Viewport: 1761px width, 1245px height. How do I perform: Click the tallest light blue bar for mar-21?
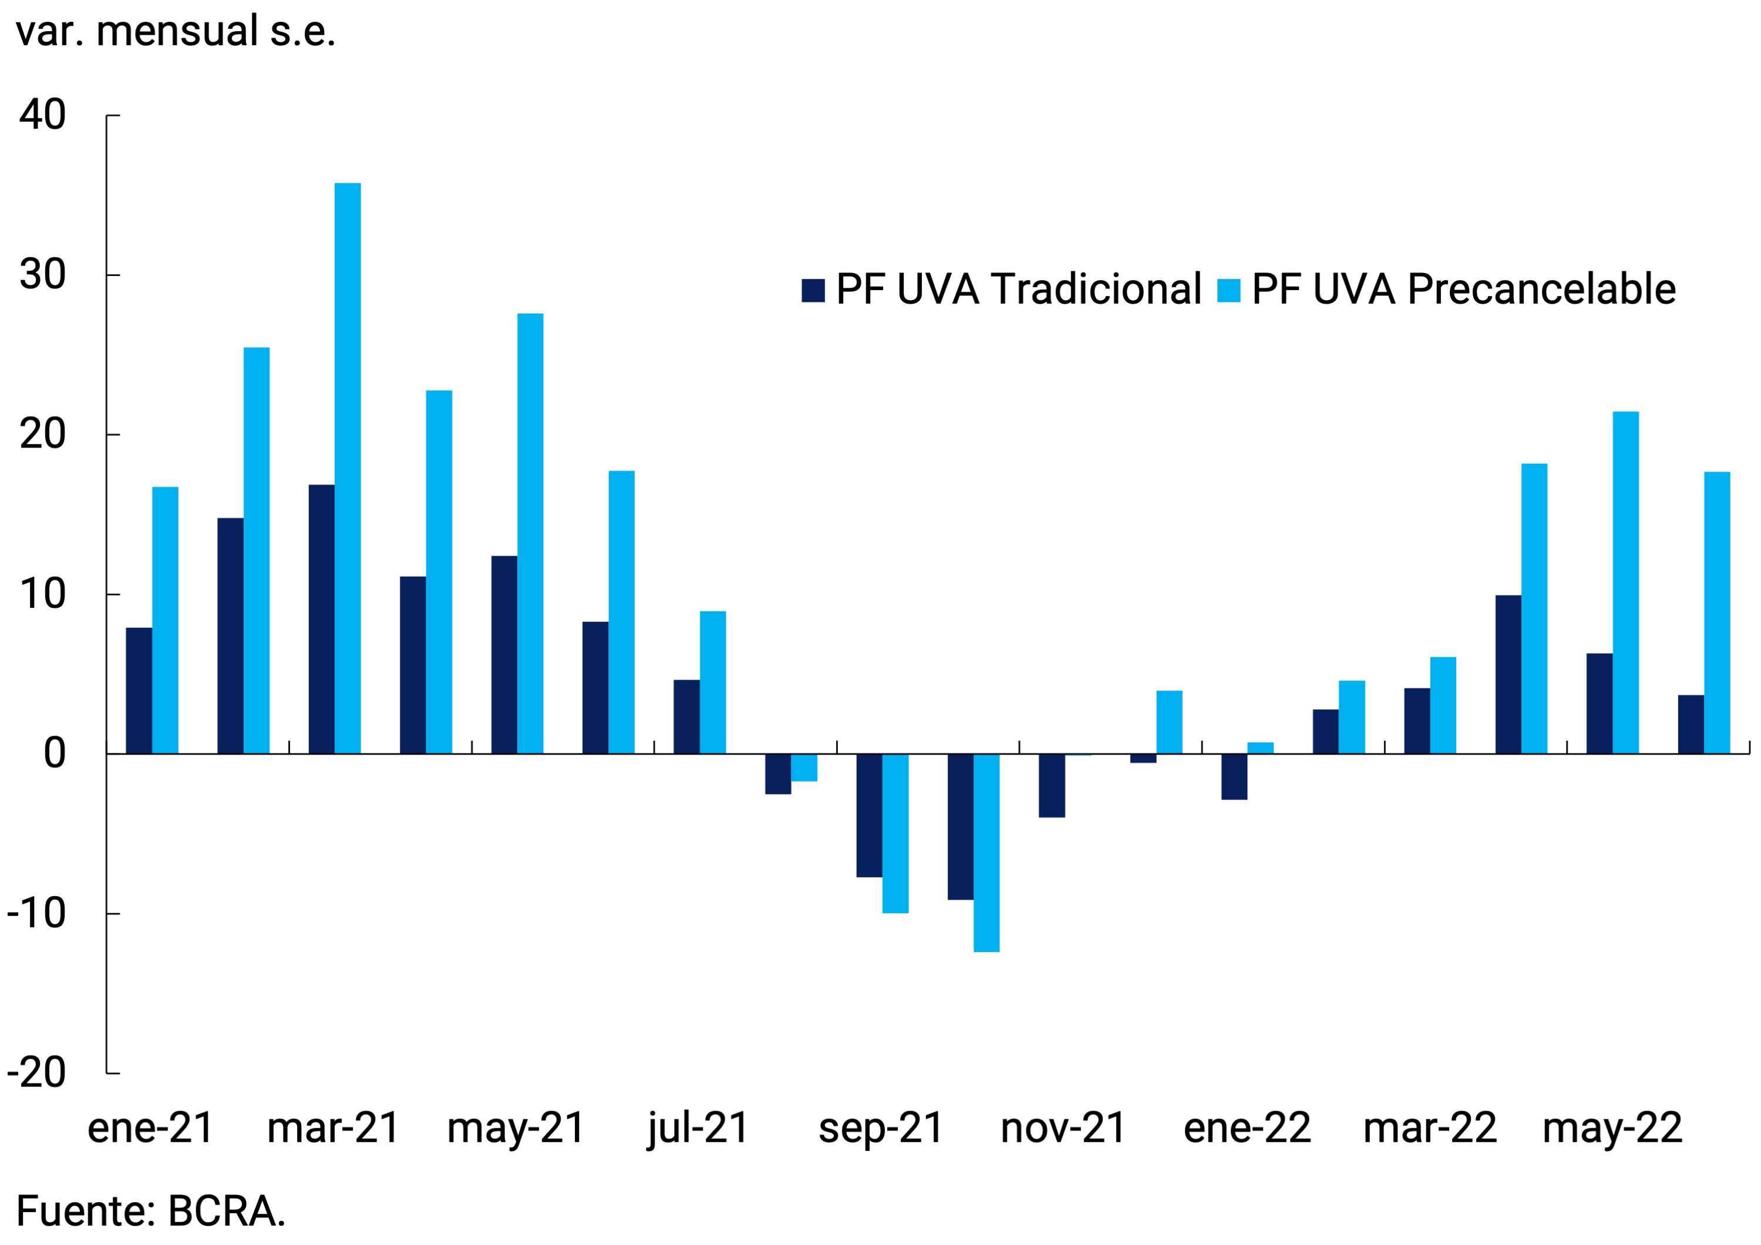tap(348, 468)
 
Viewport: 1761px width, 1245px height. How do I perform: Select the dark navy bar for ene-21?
tap(139, 691)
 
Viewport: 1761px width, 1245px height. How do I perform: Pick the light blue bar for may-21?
tap(530, 533)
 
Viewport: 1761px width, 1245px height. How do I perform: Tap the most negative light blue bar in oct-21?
tap(986, 852)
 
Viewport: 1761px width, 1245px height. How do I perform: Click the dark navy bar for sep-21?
tap(869, 815)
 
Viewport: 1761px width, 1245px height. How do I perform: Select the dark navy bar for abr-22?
tap(1508, 674)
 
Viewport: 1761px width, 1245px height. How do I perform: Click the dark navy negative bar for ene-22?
tap(1234, 776)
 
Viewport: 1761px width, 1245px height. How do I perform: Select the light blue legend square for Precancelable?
tap(1229, 290)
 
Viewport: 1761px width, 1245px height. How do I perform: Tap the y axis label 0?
tap(53, 753)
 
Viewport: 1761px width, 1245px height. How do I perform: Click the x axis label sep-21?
tap(881, 1128)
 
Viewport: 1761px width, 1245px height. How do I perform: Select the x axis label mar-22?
tap(1430, 1128)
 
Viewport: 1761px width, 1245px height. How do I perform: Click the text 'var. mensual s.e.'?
tap(176, 32)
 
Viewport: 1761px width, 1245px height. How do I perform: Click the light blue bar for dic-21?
tap(1169, 722)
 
